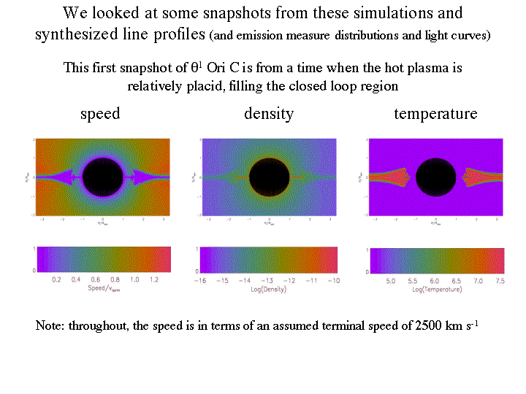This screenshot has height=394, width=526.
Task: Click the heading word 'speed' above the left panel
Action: pyautogui.click(x=100, y=114)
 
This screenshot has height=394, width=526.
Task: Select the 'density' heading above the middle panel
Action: pyautogui.click(x=269, y=114)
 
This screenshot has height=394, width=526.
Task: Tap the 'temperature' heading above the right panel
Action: pyautogui.click(x=435, y=114)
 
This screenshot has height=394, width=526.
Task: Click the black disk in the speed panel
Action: pyautogui.click(x=104, y=177)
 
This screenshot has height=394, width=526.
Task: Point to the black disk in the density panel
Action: pyautogui.click(x=270, y=177)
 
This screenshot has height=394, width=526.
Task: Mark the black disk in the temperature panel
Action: pyautogui.click(x=436, y=177)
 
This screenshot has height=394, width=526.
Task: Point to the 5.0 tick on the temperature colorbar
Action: pyautogui.click(x=390, y=280)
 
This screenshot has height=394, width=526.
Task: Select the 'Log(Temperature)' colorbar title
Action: pyautogui.click(x=437, y=290)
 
